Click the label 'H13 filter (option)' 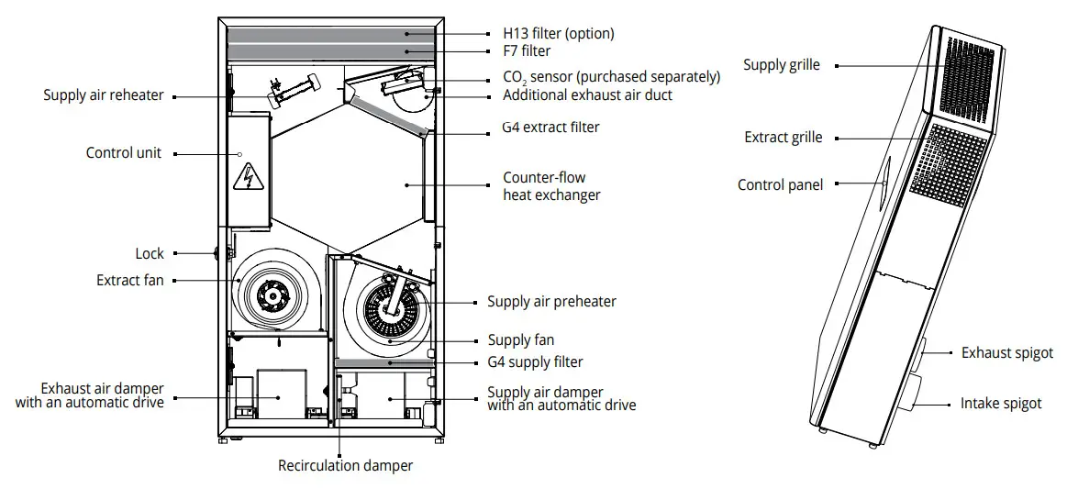[558, 33]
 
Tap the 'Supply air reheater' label [104, 94]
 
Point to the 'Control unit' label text [123, 152]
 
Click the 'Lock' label [150, 253]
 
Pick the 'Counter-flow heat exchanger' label [551, 185]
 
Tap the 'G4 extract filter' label [550, 128]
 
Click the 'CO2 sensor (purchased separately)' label [611, 77]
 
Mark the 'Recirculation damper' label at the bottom [346, 465]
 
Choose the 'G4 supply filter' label [535, 361]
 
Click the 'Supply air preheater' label [551, 301]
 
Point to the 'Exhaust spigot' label [1006, 352]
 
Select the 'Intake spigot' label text [1001, 403]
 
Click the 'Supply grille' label [782, 65]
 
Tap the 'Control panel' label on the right [780, 184]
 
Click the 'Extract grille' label [783, 137]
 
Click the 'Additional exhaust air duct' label [587, 94]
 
